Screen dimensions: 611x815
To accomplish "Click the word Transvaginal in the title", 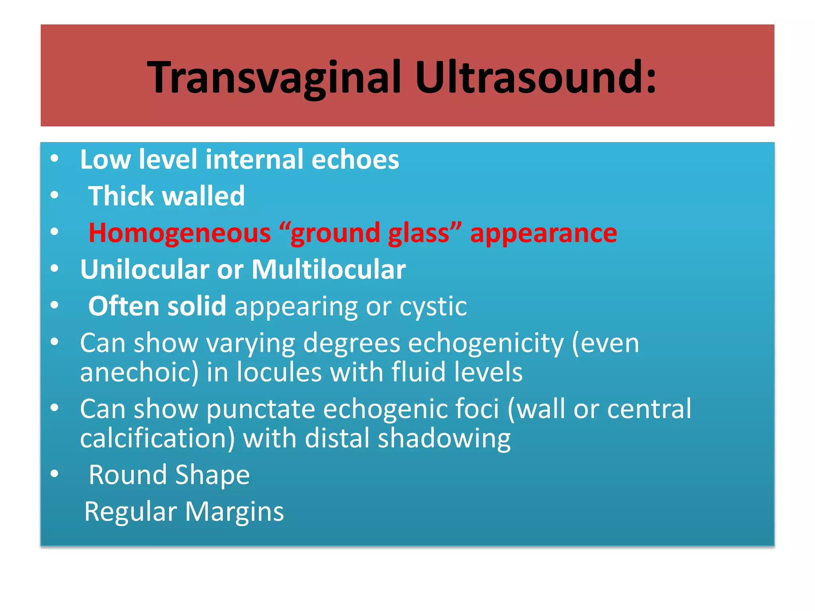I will pyautogui.click(x=274, y=78).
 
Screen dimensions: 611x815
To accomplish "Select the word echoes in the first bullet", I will pyautogui.click(x=355, y=160).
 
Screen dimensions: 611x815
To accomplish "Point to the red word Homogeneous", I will pyautogui.click(x=179, y=233).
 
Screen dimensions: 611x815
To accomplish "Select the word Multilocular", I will pyautogui.click(x=329, y=270).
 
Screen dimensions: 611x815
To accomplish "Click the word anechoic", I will pyautogui.click(x=139, y=372).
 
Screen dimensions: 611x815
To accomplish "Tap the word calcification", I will pyautogui.click(x=157, y=438).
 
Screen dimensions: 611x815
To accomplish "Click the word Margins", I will pyautogui.click(x=234, y=512).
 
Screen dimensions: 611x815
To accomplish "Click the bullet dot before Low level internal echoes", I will pyautogui.click(x=55, y=159).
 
